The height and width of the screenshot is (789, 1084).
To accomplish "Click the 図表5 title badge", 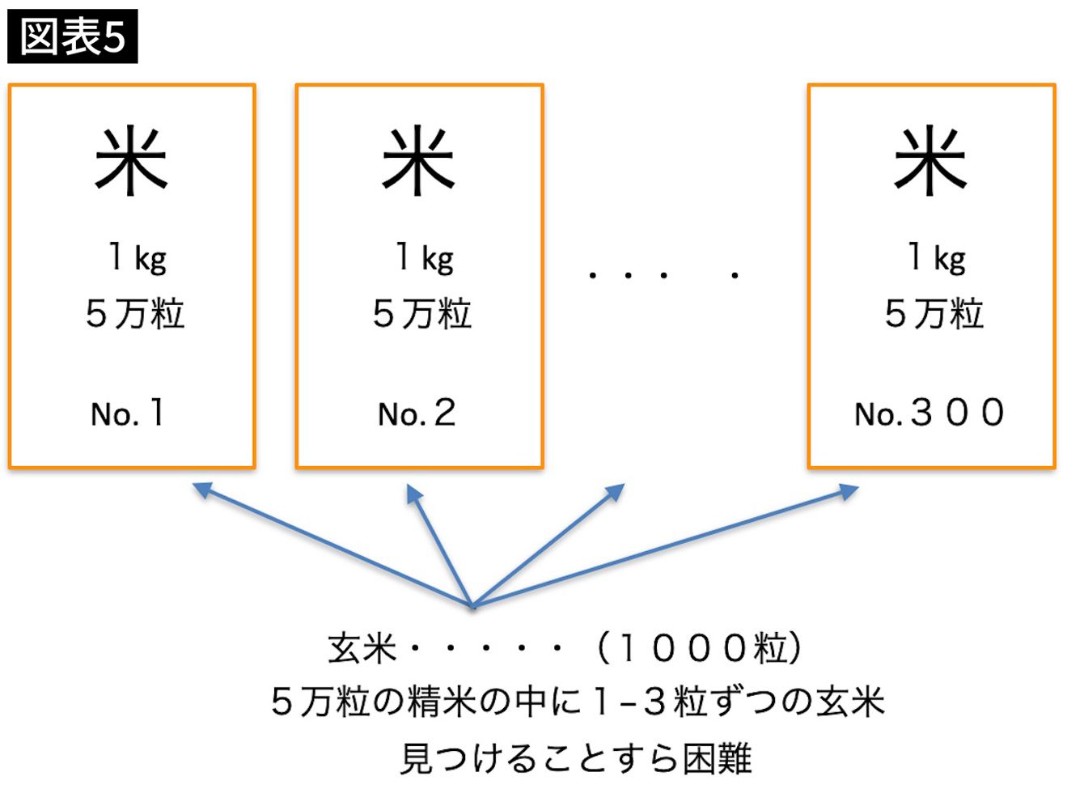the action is tap(73, 36).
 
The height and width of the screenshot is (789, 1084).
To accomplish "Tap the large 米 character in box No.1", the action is tap(131, 160).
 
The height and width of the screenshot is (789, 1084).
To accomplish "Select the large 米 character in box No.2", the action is tap(419, 160).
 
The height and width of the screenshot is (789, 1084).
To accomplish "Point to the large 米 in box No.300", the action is tap(930, 160).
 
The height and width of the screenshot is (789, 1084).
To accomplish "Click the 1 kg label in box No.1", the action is tap(138, 259).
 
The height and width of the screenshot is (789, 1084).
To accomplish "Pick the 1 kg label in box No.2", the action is tap(426, 259).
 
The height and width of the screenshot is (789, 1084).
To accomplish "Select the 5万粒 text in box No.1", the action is tap(136, 314).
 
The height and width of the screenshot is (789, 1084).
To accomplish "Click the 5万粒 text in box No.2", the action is tap(422, 314).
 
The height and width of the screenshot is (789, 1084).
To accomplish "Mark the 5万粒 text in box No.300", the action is tap(934, 314).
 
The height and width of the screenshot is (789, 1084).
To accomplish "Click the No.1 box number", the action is tap(128, 413).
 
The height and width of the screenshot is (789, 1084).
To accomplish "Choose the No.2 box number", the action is tap(417, 413).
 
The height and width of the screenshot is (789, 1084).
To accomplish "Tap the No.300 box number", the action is tap(929, 413).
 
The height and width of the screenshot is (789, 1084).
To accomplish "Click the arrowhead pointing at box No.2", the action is tap(413, 493).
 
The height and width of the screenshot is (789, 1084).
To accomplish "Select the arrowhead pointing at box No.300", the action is tap(849, 491).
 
